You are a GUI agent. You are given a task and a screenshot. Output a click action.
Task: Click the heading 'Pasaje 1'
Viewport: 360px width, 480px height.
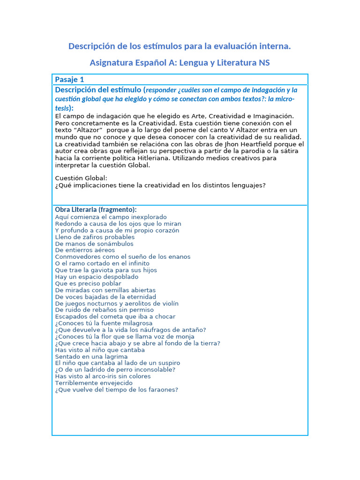pos(69,79)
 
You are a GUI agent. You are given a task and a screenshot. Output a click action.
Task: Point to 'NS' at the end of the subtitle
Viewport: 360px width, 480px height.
pos(264,63)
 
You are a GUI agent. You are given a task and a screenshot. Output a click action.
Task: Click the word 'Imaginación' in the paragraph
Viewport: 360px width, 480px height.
pos(273,116)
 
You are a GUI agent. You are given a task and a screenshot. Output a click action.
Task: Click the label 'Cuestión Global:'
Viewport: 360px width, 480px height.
pos(81,178)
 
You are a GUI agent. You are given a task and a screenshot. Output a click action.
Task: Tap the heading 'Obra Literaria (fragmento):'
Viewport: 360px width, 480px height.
pos(96,210)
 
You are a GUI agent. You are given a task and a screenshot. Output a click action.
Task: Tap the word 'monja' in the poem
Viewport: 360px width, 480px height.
pos(185,337)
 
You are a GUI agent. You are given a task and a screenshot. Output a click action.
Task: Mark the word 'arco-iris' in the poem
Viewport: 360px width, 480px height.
pos(102,376)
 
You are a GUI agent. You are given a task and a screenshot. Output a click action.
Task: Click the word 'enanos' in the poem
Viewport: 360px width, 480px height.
pos(179,257)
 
